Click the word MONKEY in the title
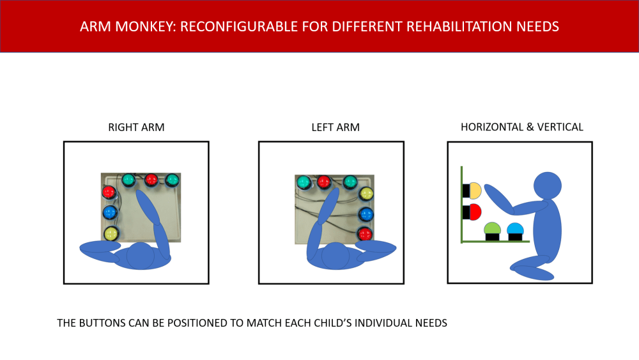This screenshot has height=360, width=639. [x=144, y=26]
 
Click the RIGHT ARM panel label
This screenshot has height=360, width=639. [x=136, y=127]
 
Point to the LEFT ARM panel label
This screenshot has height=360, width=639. [x=335, y=127]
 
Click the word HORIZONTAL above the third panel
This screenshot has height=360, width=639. [x=492, y=127]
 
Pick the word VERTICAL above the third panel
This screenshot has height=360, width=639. [x=560, y=127]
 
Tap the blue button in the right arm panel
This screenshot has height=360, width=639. [x=110, y=212]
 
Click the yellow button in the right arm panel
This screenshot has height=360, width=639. [x=111, y=233]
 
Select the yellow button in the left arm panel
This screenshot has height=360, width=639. [x=366, y=194]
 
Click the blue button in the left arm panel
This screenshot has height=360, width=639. [x=366, y=214]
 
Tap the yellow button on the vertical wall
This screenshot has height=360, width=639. [x=475, y=191]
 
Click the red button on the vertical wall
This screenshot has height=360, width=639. [x=475, y=212]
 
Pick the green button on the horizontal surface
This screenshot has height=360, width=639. [x=492, y=228]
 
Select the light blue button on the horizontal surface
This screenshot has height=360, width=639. [x=515, y=228]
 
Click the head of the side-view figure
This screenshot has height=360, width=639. [x=548, y=186]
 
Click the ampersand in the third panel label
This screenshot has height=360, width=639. [x=530, y=127]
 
